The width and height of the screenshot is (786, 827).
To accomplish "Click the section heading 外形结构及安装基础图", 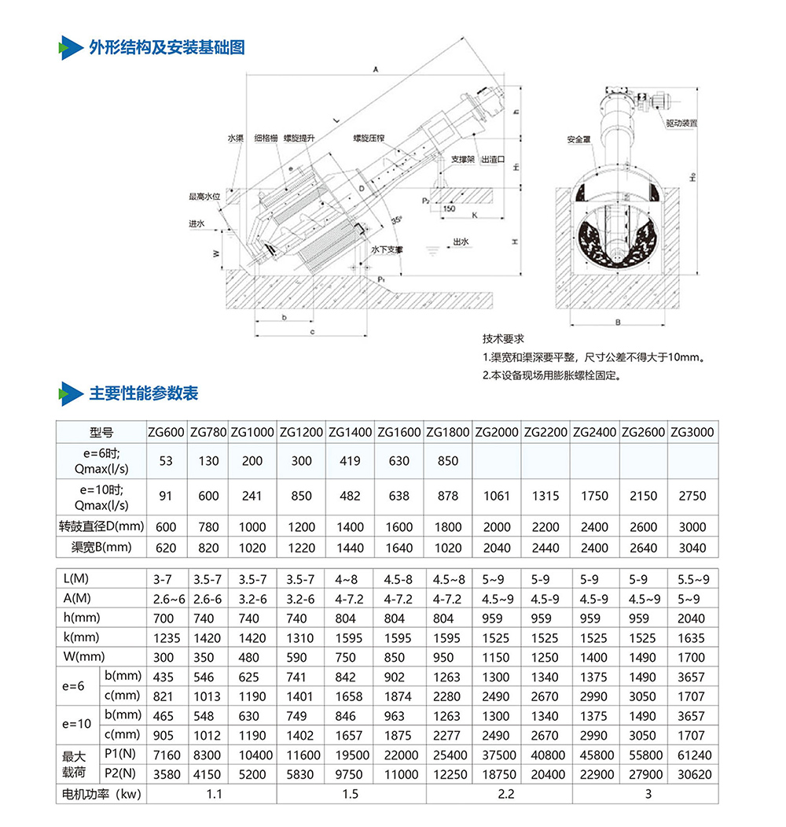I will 167,47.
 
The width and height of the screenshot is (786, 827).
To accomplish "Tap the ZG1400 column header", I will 350,432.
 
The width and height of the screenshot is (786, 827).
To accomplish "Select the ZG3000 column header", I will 692,432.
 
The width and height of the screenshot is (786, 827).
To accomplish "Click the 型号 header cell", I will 101,432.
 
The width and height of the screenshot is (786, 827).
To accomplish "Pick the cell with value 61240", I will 692,755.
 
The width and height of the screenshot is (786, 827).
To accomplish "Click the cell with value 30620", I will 692,774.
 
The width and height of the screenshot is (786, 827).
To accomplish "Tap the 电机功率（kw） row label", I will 101,794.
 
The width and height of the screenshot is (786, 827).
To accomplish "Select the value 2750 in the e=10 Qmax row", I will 692,496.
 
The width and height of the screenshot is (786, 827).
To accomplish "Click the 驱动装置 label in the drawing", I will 681,124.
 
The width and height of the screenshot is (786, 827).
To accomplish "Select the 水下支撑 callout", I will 387,249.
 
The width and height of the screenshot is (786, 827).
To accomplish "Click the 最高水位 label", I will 203,196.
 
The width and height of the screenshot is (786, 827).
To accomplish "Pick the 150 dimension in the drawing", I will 448,209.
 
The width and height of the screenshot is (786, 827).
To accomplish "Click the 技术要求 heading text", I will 503,339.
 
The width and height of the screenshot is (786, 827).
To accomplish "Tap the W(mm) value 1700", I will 692,657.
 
